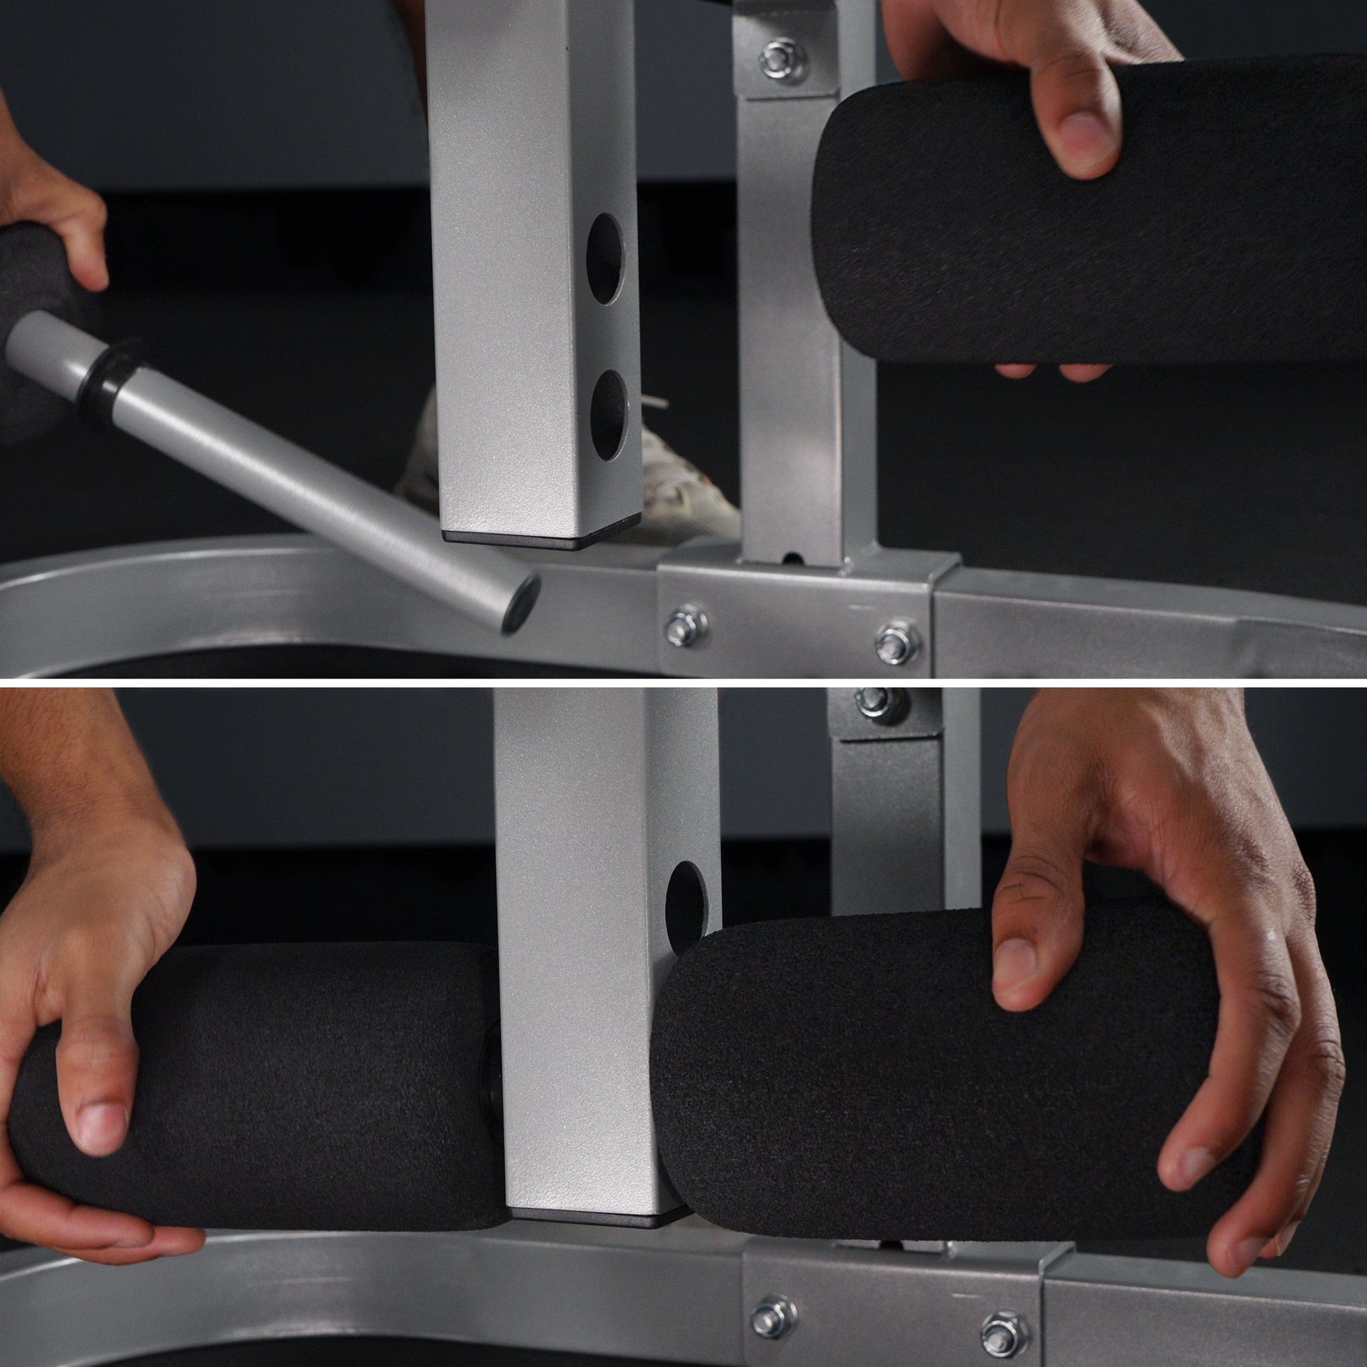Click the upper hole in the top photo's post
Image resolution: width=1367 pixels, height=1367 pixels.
pos(605,259)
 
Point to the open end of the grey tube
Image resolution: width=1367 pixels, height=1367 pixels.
pos(521,603)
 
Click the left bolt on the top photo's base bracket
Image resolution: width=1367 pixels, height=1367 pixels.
pos(685,624)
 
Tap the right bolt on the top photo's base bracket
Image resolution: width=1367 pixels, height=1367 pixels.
pos(896,642)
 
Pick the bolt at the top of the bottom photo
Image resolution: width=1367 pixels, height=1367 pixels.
pos(870,705)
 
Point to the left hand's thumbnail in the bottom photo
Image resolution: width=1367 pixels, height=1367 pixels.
pos(103,1125)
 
